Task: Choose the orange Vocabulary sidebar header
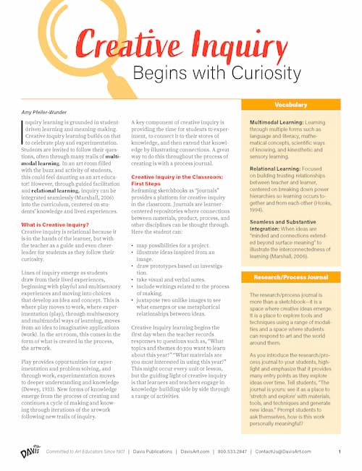click(x=290, y=105)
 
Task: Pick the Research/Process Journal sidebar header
click(x=290, y=277)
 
